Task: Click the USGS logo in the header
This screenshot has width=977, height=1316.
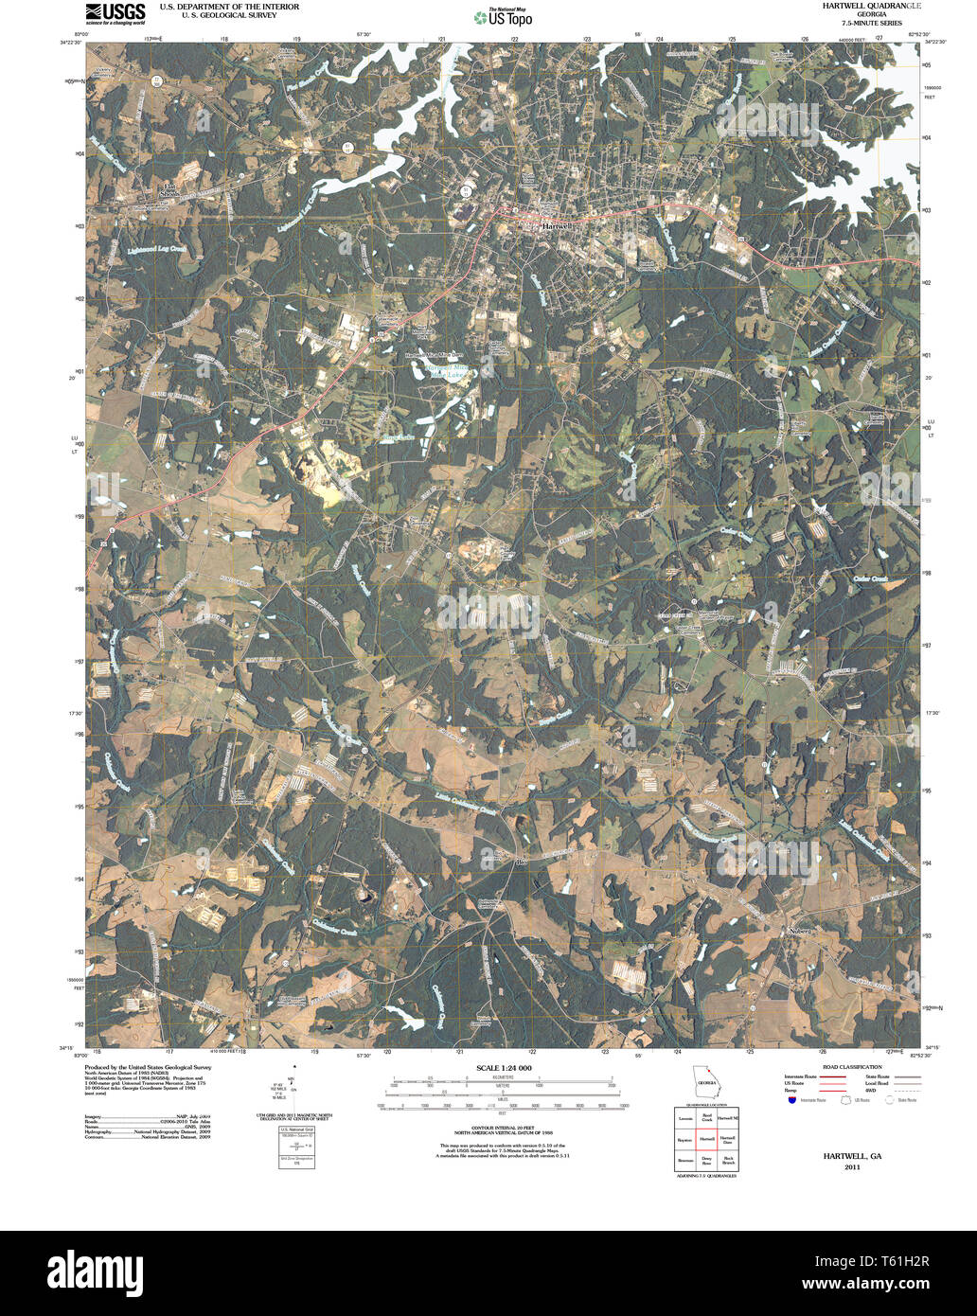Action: click(x=115, y=12)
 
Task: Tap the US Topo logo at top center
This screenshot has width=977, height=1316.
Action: click(x=503, y=17)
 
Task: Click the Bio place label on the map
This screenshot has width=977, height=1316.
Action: click(x=520, y=863)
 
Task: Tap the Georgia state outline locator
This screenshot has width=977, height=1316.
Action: click(x=704, y=1082)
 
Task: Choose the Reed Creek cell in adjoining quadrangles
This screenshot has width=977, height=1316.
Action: click(x=706, y=1117)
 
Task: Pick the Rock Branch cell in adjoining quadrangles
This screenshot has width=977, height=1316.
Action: click(x=727, y=1160)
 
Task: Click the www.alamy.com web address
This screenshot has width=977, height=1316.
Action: click(x=900, y=1286)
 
